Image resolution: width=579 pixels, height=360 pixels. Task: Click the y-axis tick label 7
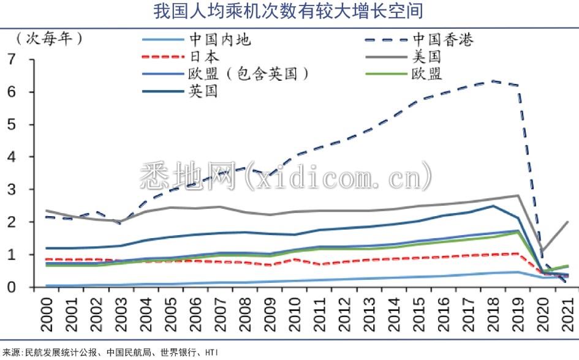click(x=12, y=59)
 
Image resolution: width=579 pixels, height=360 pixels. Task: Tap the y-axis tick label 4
click(x=12, y=157)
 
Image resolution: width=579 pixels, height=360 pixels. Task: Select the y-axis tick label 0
click(x=12, y=287)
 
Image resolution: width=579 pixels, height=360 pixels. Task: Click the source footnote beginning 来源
click(x=110, y=353)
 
